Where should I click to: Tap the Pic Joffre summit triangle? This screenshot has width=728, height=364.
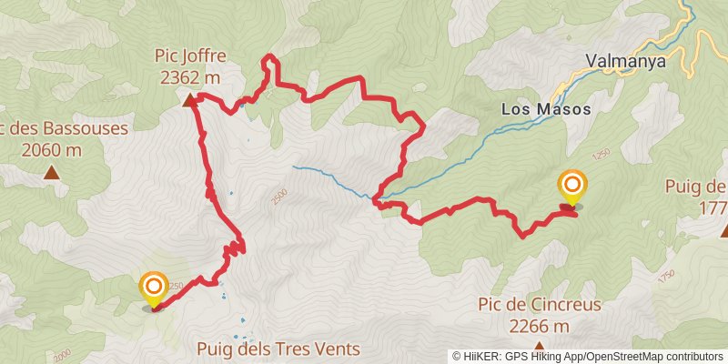pos(189,101)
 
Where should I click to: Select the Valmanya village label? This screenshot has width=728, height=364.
pos(626,62)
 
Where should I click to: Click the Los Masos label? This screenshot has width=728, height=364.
pos(546,108)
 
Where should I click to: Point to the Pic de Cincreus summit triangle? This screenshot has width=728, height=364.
pos(540,346)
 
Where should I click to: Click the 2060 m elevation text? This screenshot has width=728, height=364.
pos(51,149)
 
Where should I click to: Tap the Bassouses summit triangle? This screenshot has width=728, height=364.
pos(52,171)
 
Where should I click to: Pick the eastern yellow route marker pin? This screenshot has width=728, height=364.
pos(572,188)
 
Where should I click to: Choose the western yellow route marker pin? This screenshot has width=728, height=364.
pos(153,289)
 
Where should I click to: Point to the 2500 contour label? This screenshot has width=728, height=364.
pos(279,196)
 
